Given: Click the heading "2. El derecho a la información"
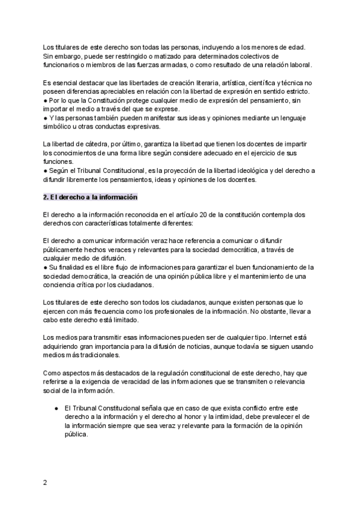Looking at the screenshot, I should pos(91,197).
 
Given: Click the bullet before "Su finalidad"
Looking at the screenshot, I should pos(46,267).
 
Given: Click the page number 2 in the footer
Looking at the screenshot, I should pos(46,482).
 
